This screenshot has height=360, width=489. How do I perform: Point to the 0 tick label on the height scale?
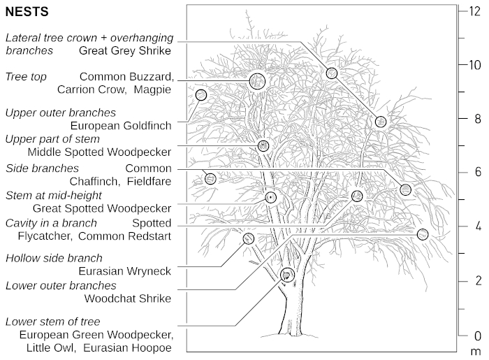(x=477, y=335)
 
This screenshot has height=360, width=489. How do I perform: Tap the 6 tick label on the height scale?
(x=477, y=172)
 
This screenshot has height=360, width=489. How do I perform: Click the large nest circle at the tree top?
(x=257, y=81)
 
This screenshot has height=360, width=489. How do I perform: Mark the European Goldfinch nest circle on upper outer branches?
(x=201, y=95)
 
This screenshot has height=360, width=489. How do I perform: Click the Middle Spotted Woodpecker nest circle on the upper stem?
(x=263, y=145)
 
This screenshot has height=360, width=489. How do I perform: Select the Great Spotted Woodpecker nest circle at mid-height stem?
(x=270, y=198)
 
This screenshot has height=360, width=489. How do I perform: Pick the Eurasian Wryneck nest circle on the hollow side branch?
(x=248, y=238)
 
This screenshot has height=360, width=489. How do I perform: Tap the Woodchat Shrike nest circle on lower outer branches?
(x=422, y=234)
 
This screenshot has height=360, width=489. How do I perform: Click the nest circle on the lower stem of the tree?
(x=286, y=275)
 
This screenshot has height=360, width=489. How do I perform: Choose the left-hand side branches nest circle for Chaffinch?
(x=210, y=179)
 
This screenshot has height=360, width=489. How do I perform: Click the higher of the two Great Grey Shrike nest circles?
(x=332, y=73)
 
